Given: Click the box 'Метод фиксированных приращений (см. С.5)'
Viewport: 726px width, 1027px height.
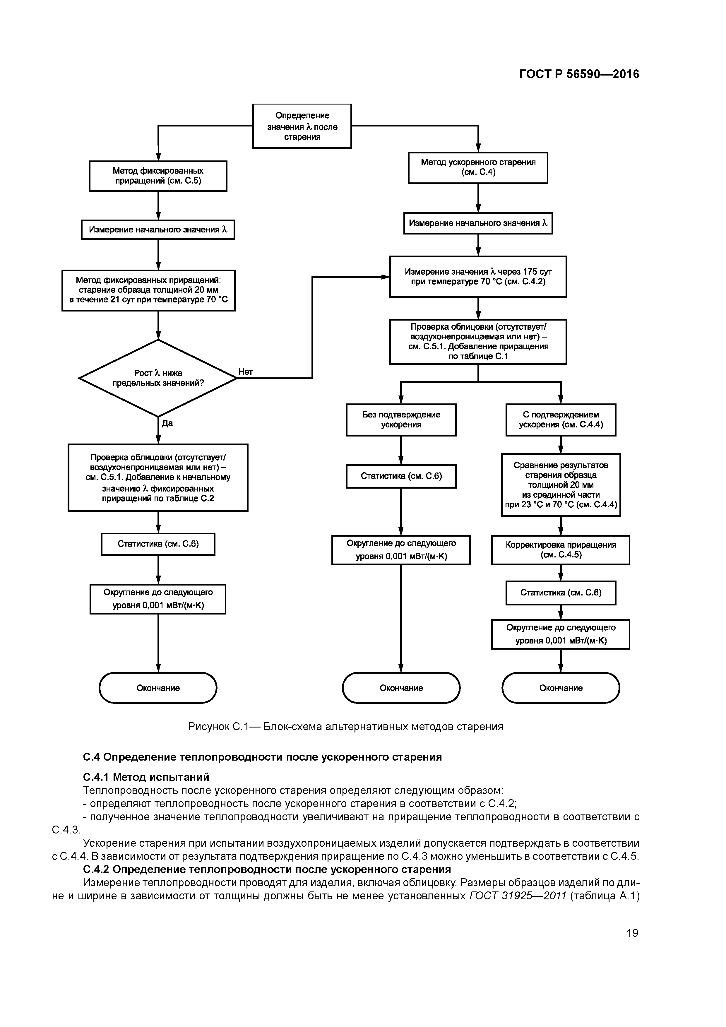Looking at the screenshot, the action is (x=158, y=176).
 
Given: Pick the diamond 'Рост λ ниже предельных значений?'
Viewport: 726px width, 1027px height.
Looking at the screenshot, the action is (x=158, y=378).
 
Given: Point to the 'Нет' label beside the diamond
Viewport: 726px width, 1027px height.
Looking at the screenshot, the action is (x=246, y=372).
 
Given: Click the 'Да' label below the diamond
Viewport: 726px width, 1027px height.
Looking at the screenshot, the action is (x=167, y=423).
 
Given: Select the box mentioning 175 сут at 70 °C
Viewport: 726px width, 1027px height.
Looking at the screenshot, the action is (x=478, y=276).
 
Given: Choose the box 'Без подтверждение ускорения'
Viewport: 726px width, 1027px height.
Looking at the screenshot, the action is (x=401, y=420).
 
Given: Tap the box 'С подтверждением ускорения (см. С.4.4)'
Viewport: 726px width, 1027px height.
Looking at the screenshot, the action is (x=561, y=420).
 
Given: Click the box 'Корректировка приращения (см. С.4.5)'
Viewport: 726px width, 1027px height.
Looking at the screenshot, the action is (x=561, y=550).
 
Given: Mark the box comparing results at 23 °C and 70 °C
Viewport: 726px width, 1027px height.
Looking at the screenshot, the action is (x=561, y=485).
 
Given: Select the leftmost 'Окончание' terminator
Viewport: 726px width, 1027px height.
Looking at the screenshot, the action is (x=158, y=688).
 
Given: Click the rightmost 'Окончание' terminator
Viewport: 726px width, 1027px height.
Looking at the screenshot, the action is (x=561, y=688).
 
